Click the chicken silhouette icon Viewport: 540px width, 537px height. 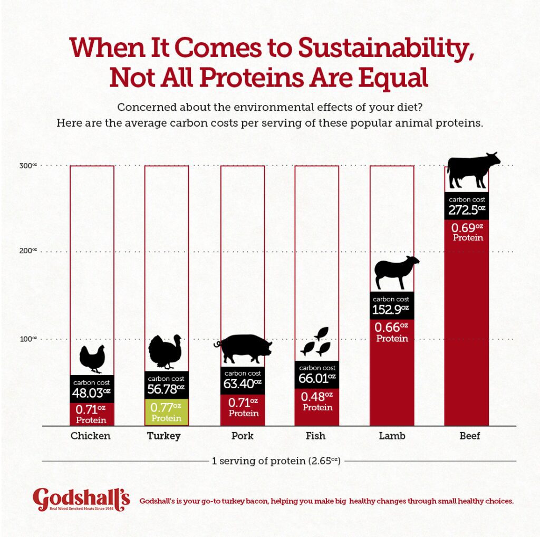[x=92, y=359]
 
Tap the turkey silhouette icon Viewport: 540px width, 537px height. [x=166, y=351]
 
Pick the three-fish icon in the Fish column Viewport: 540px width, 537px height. [x=316, y=341]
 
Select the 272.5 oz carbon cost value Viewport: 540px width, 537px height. [x=466, y=210]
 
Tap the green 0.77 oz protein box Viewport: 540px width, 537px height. [x=166, y=412]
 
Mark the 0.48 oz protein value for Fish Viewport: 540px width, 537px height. [x=317, y=400]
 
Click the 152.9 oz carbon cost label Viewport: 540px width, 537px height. [x=391, y=309]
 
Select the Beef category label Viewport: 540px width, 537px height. [x=466, y=436]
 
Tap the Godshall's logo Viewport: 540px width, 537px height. [x=81, y=499]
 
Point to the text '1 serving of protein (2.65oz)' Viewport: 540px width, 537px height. [x=276, y=461]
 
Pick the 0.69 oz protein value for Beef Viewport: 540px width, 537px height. [x=468, y=232]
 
